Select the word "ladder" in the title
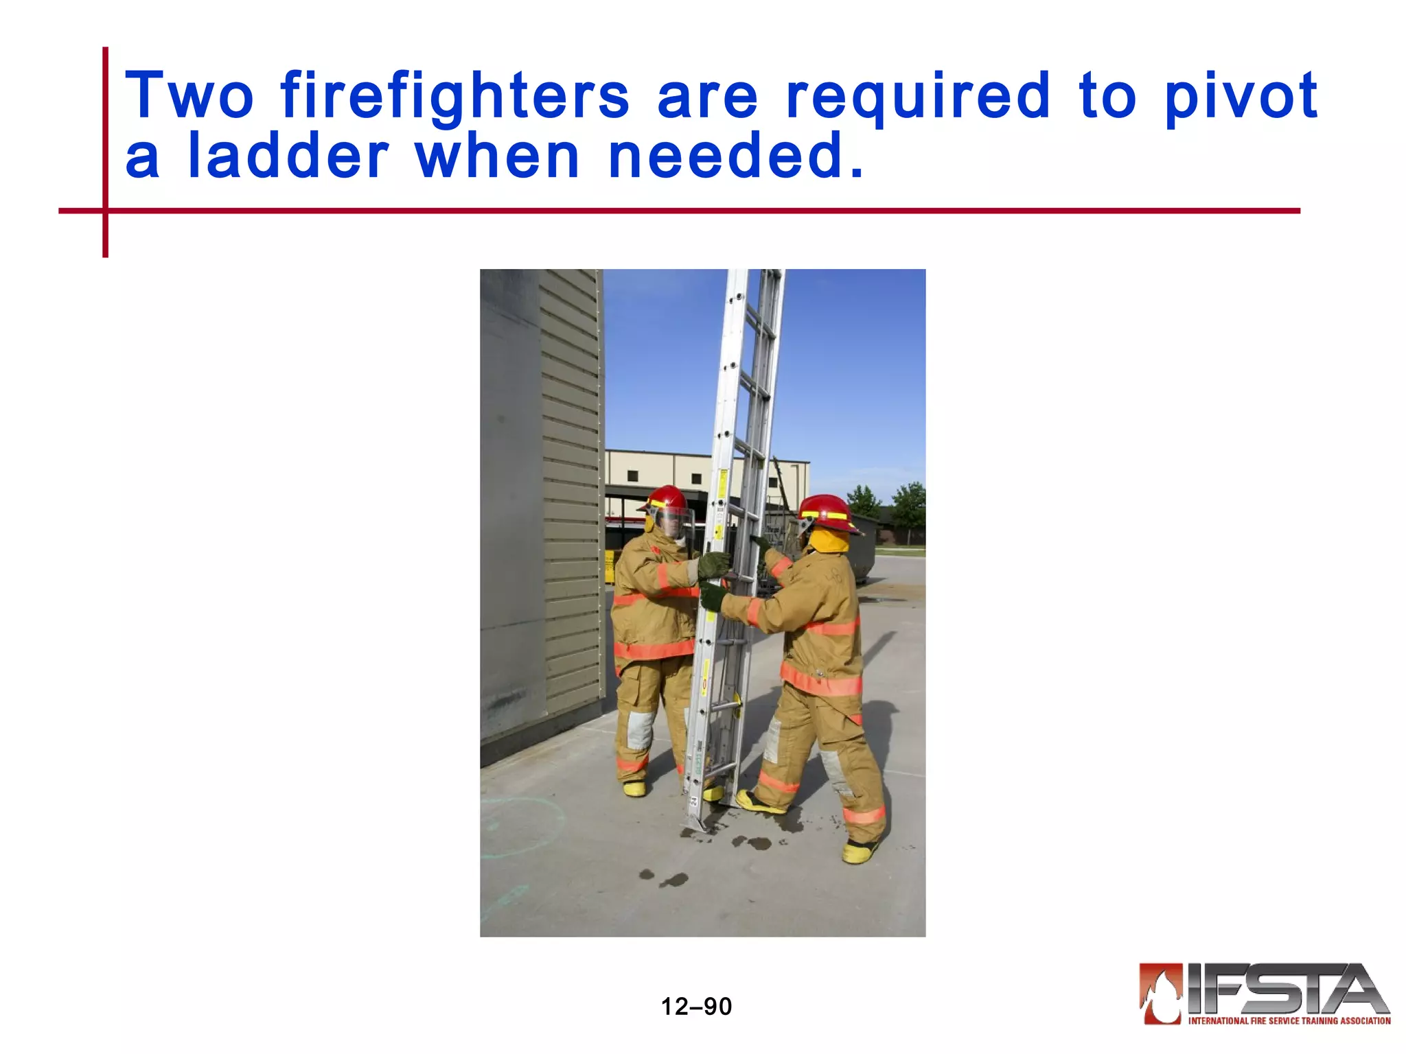click(x=288, y=156)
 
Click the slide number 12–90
click(x=696, y=1006)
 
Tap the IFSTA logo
click(x=1265, y=994)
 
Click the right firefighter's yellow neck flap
click(x=829, y=541)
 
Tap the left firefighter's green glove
click(x=715, y=565)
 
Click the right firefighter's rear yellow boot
click(x=860, y=851)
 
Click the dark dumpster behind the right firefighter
click(x=868, y=549)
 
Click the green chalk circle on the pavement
click(x=522, y=823)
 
